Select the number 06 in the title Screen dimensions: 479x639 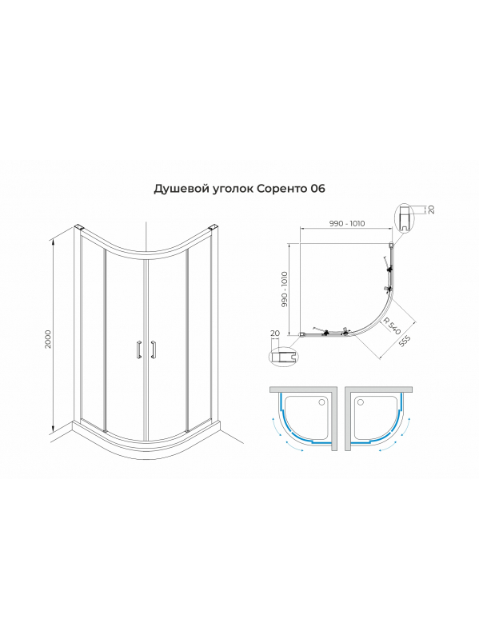[x=317, y=189]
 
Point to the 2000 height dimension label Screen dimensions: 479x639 [x=49, y=339]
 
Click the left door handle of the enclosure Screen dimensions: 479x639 [x=139, y=349]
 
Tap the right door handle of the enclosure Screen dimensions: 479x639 [x=154, y=349]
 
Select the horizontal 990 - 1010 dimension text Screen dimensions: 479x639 [x=347, y=223]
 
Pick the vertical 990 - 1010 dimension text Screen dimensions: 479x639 [x=285, y=290]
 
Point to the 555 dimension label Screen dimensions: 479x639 [x=405, y=341]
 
